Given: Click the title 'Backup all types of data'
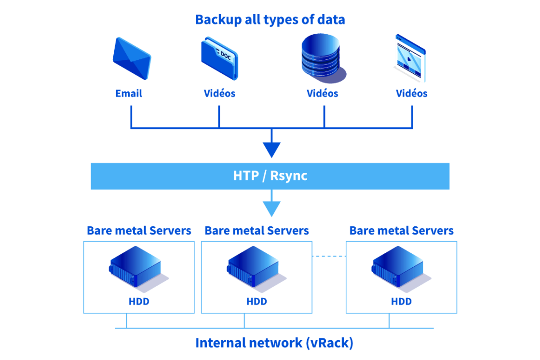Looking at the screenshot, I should pyautogui.click(x=270, y=20).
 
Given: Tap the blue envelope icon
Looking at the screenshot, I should pyautogui.click(x=132, y=58).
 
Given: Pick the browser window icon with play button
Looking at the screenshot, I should pyautogui.click(x=410, y=58).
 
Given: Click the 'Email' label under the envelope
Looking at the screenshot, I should pyautogui.click(x=129, y=94).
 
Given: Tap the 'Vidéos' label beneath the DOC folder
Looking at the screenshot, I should pyautogui.click(x=219, y=94).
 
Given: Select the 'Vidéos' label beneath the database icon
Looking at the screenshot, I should pyautogui.click(x=323, y=94).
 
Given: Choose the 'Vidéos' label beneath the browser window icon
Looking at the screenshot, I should pyautogui.click(x=411, y=94).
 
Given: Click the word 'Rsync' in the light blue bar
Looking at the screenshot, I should pyautogui.click(x=288, y=176).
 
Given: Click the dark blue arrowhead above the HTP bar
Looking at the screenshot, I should pyautogui.click(x=271, y=150).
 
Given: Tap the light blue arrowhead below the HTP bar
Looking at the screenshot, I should pyautogui.click(x=271, y=209).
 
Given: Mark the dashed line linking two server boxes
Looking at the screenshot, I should pyautogui.click(x=329, y=256).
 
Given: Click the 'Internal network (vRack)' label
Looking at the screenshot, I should pyautogui.click(x=274, y=343).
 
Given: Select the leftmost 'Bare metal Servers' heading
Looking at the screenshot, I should pyautogui.click(x=139, y=231).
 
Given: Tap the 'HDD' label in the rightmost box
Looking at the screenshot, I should pyautogui.click(x=401, y=302).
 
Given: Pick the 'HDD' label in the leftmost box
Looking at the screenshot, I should pyautogui.click(x=139, y=302).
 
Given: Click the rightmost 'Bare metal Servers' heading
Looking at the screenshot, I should pyautogui.click(x=401, y=231).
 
